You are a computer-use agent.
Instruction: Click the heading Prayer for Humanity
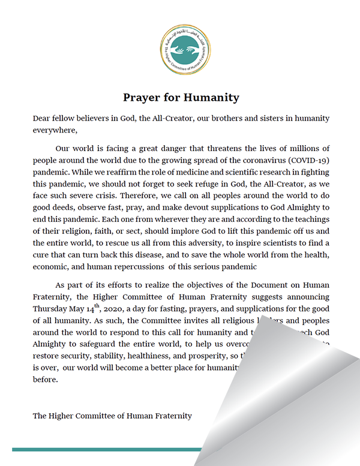(181, 97)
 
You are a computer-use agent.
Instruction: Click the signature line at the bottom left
(113, 415)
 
